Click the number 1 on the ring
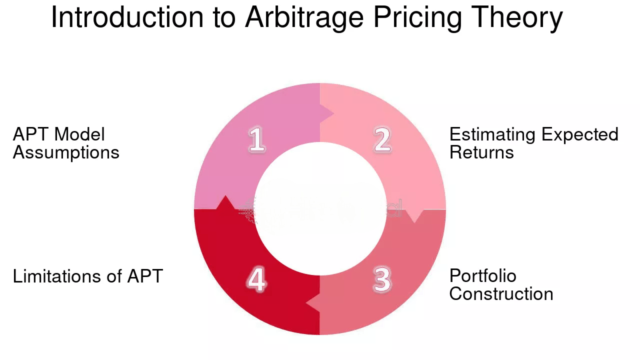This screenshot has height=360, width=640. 256,139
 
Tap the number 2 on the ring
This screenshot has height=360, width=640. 382,139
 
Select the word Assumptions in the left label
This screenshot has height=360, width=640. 66,152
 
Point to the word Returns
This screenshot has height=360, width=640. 481,152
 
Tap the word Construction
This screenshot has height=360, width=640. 501,293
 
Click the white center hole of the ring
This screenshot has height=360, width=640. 320,209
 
